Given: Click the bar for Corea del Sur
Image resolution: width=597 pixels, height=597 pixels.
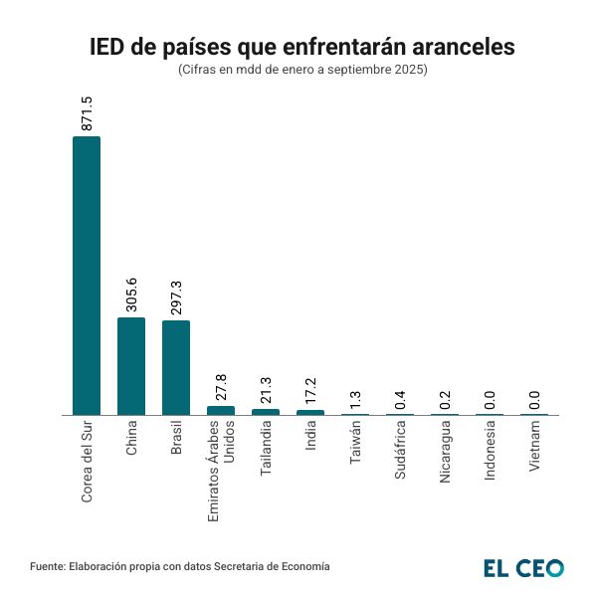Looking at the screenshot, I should tap(87, 276).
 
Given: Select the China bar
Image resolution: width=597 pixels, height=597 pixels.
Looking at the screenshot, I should tap(131, 366).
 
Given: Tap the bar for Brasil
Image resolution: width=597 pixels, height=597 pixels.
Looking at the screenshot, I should tap(176, 367).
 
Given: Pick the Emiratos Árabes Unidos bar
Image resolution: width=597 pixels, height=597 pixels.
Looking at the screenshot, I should tap(221, 410).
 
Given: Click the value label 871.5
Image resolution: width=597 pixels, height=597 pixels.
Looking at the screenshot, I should tap(87, 113).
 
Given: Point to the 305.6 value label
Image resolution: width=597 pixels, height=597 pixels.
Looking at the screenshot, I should tap(131, 295).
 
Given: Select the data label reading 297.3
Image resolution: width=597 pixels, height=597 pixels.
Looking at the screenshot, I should tap(176, 298).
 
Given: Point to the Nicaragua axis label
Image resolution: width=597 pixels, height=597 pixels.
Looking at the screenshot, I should tap(445, 452).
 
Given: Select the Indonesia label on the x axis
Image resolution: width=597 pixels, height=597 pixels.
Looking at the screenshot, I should tap(490, 452).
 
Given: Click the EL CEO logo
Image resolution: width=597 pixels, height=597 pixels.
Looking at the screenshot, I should tap(523, 567).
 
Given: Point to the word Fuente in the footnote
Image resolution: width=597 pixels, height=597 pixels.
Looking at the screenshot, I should tap(47, 566).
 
